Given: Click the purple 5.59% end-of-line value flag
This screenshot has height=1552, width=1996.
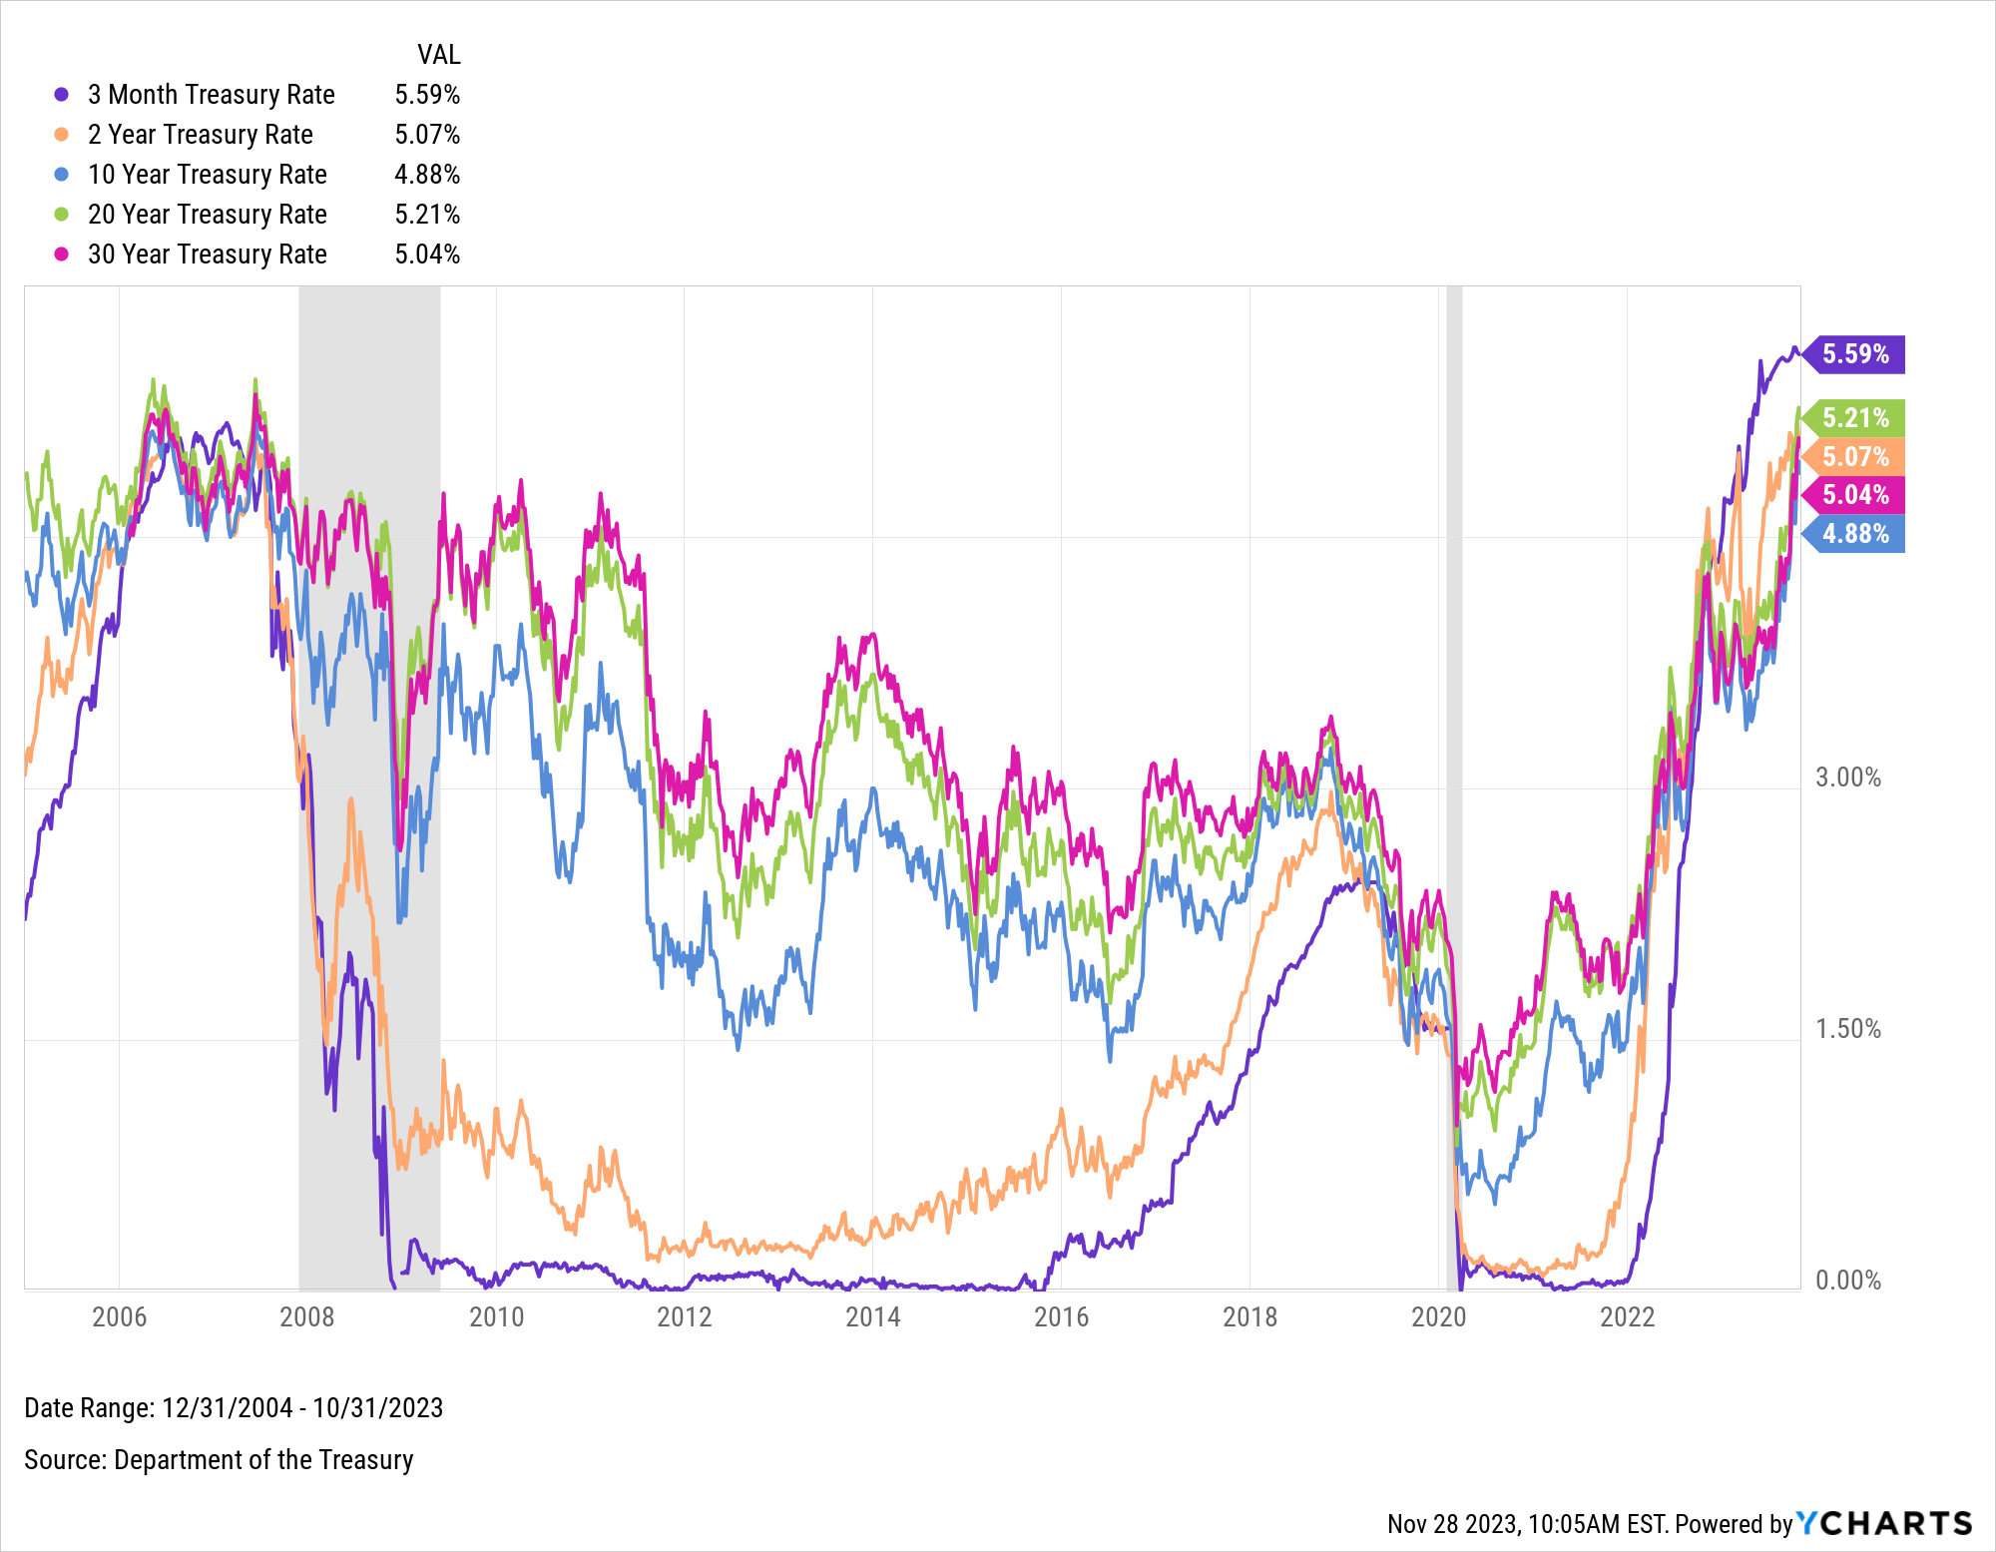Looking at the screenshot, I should tap(1854, 354).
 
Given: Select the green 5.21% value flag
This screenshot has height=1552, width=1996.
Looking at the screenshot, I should tap(1854, 418).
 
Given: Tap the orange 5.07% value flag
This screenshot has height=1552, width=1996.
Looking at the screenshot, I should tap(1854, 457).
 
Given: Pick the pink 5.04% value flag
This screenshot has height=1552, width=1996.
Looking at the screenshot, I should tap(1854, 495).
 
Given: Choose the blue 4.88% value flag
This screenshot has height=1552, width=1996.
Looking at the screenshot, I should tap(1854, 534).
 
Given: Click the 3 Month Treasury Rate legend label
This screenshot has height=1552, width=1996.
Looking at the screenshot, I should tap(211, 95).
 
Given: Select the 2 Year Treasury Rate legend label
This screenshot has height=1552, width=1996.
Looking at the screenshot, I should tap(200, 135).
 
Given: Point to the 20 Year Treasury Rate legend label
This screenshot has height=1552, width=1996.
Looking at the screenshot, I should tap(207, 215).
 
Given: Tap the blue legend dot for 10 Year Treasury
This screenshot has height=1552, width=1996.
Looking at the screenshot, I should tap(62, 175).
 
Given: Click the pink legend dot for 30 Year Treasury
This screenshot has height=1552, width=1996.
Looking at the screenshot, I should tap(62, 255).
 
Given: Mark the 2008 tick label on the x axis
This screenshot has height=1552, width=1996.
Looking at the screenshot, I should tap(307, 1317).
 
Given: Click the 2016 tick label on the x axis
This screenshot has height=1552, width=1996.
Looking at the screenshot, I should tap(1061, 1317).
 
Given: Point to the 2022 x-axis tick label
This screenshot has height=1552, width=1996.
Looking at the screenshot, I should tap(1627, 1317).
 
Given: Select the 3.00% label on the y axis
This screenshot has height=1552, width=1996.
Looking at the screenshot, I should tap(1847, 777).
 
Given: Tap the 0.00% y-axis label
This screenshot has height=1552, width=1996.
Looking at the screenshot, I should tap(1847, 1281).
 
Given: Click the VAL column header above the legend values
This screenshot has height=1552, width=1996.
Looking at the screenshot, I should tap(438, 55).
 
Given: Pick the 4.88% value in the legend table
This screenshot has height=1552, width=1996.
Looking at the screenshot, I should tap(427, 175).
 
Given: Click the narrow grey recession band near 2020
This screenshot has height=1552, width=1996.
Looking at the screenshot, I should tap(1454, 699).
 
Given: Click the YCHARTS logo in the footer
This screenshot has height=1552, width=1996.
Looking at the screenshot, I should tap(1884, 1523).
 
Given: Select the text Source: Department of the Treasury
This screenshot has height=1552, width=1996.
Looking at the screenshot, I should tap(219, 1460).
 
